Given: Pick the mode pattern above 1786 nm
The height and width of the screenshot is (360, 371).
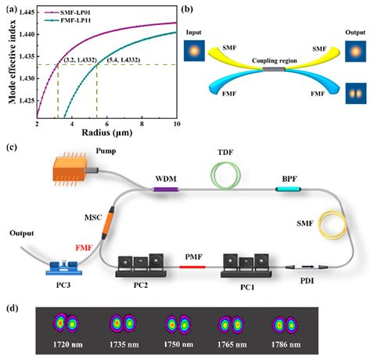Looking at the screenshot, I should point(285,323).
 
